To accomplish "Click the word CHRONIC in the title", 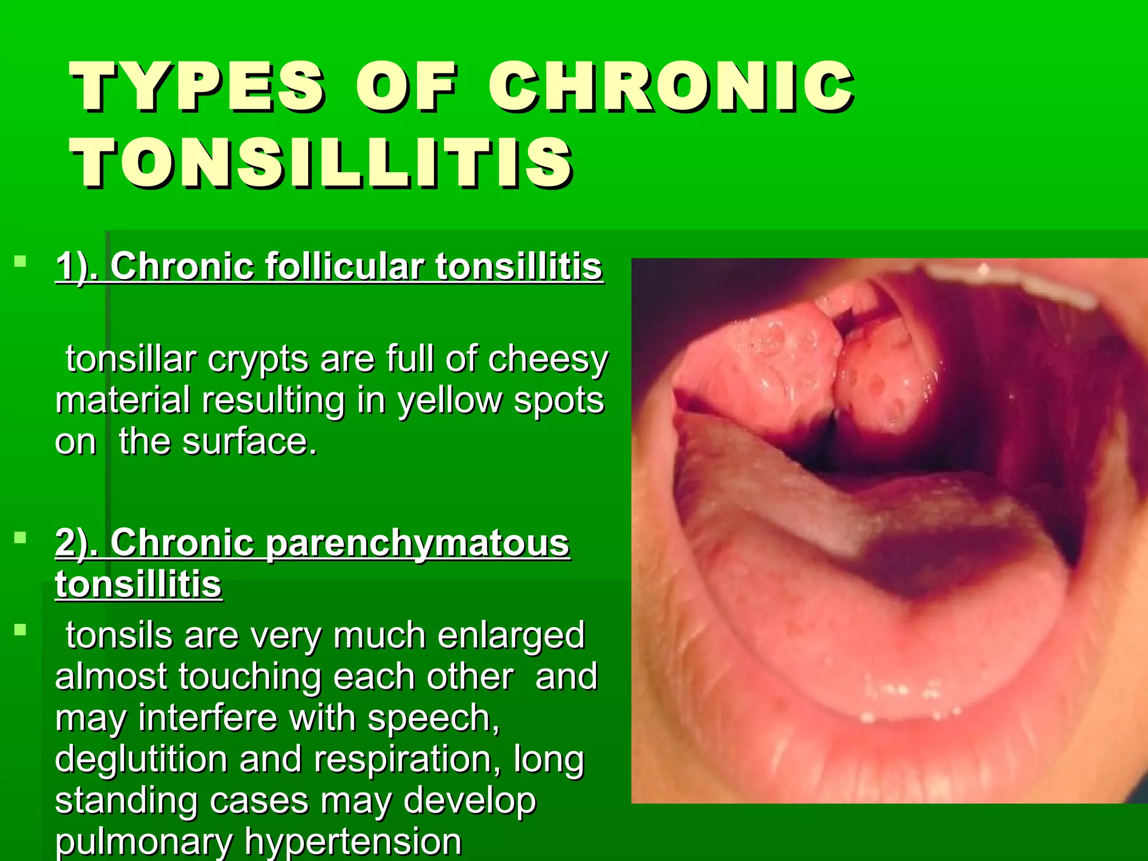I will (671, 87).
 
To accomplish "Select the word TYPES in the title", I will (197, 87).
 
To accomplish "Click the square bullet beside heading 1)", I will (21, 261).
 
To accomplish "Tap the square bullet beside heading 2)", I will (21, 538).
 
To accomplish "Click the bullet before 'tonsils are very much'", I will (21, 630).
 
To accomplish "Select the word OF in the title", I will (406, 87).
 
